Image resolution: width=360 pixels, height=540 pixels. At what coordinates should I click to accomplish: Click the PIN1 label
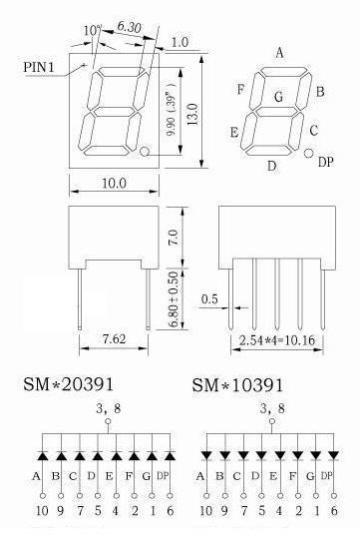pos(39,67)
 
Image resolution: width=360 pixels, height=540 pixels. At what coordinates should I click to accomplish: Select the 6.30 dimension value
pos(129,27)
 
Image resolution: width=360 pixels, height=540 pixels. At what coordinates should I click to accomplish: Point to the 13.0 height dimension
pos(192,114)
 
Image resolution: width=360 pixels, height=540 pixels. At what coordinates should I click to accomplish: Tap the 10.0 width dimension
pos(114,183)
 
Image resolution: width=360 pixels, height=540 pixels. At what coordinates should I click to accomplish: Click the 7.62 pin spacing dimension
pos(115,339)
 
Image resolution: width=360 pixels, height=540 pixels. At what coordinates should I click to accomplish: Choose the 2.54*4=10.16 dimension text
pos(277,340)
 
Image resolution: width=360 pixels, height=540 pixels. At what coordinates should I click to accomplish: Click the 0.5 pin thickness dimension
pos(209,298)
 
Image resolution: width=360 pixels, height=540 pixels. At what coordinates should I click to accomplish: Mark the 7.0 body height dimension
pos(174,238)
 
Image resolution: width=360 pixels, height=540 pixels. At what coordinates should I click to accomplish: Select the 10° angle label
pos(91,31)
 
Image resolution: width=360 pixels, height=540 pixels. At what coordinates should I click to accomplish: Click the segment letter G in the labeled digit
pos(279,97)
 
